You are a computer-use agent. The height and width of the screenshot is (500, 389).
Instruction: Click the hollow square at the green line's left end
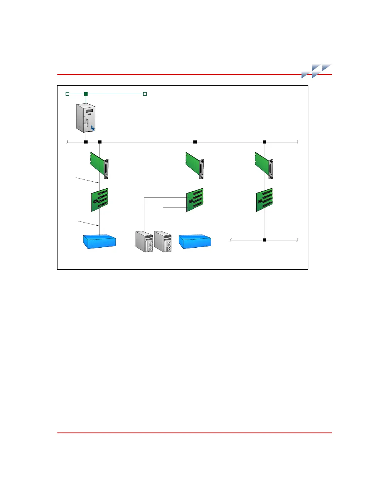(67, 94)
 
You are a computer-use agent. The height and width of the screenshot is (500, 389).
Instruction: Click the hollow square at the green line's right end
(145, 94)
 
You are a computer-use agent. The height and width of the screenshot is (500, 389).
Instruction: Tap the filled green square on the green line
(86, 94)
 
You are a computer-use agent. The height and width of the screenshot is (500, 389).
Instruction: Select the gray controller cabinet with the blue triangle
(86, 118)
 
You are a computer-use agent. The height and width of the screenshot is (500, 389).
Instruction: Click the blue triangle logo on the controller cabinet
(93, 128)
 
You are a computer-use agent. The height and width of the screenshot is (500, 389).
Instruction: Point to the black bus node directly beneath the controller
(86, 142)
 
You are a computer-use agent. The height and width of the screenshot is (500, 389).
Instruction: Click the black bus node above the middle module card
(195, 142)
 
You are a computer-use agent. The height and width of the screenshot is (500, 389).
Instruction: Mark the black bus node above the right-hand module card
(264, 142)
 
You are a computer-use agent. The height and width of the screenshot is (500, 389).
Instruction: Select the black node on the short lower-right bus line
(264, 240)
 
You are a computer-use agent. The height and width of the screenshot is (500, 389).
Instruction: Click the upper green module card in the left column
(99, 164)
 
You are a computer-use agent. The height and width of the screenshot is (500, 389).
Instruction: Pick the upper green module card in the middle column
(194, 164)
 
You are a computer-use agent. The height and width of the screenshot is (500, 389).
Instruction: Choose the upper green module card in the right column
(264, 164)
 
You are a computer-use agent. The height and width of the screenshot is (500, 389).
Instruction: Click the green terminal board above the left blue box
(100, 200)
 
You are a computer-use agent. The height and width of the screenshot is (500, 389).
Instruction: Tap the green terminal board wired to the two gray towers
(195, 200)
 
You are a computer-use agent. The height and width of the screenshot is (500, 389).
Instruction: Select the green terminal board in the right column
(264, 200)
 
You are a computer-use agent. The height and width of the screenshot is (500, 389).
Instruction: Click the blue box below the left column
(100, 242)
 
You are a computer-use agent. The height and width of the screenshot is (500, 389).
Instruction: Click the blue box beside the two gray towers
(195, 242)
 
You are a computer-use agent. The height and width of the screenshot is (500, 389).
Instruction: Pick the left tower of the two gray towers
(144, 242)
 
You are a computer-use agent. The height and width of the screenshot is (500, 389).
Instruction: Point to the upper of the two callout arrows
(88, 180)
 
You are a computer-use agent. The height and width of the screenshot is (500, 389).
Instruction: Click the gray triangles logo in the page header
(316, 71)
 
